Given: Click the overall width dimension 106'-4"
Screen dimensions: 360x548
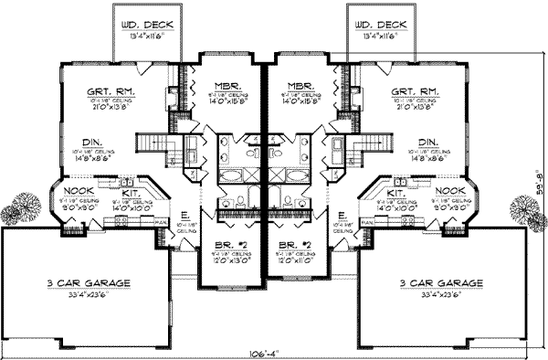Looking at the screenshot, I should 269,353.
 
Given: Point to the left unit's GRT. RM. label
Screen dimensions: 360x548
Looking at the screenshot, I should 106,91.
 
